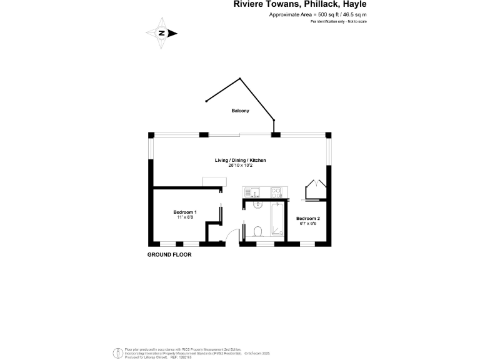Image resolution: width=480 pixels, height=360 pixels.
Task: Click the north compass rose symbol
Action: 161,33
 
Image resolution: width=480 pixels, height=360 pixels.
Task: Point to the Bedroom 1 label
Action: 185,212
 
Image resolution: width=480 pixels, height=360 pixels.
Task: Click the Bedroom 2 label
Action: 308,218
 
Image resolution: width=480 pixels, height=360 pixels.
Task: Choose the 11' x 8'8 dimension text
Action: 185,217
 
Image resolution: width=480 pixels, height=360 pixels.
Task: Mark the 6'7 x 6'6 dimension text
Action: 308,223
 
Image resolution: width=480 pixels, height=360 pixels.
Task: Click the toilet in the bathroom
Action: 257,232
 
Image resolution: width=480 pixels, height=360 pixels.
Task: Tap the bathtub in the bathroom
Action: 275,221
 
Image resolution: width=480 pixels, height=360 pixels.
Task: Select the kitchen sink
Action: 252,191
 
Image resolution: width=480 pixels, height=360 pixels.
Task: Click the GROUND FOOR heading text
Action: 169,255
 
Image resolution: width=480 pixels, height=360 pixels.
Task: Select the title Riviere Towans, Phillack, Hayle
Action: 300,5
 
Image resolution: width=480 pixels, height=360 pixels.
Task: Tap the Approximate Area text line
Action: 317,14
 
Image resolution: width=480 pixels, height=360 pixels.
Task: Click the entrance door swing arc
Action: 232,237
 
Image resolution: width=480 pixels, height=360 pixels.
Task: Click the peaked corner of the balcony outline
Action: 239,79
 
